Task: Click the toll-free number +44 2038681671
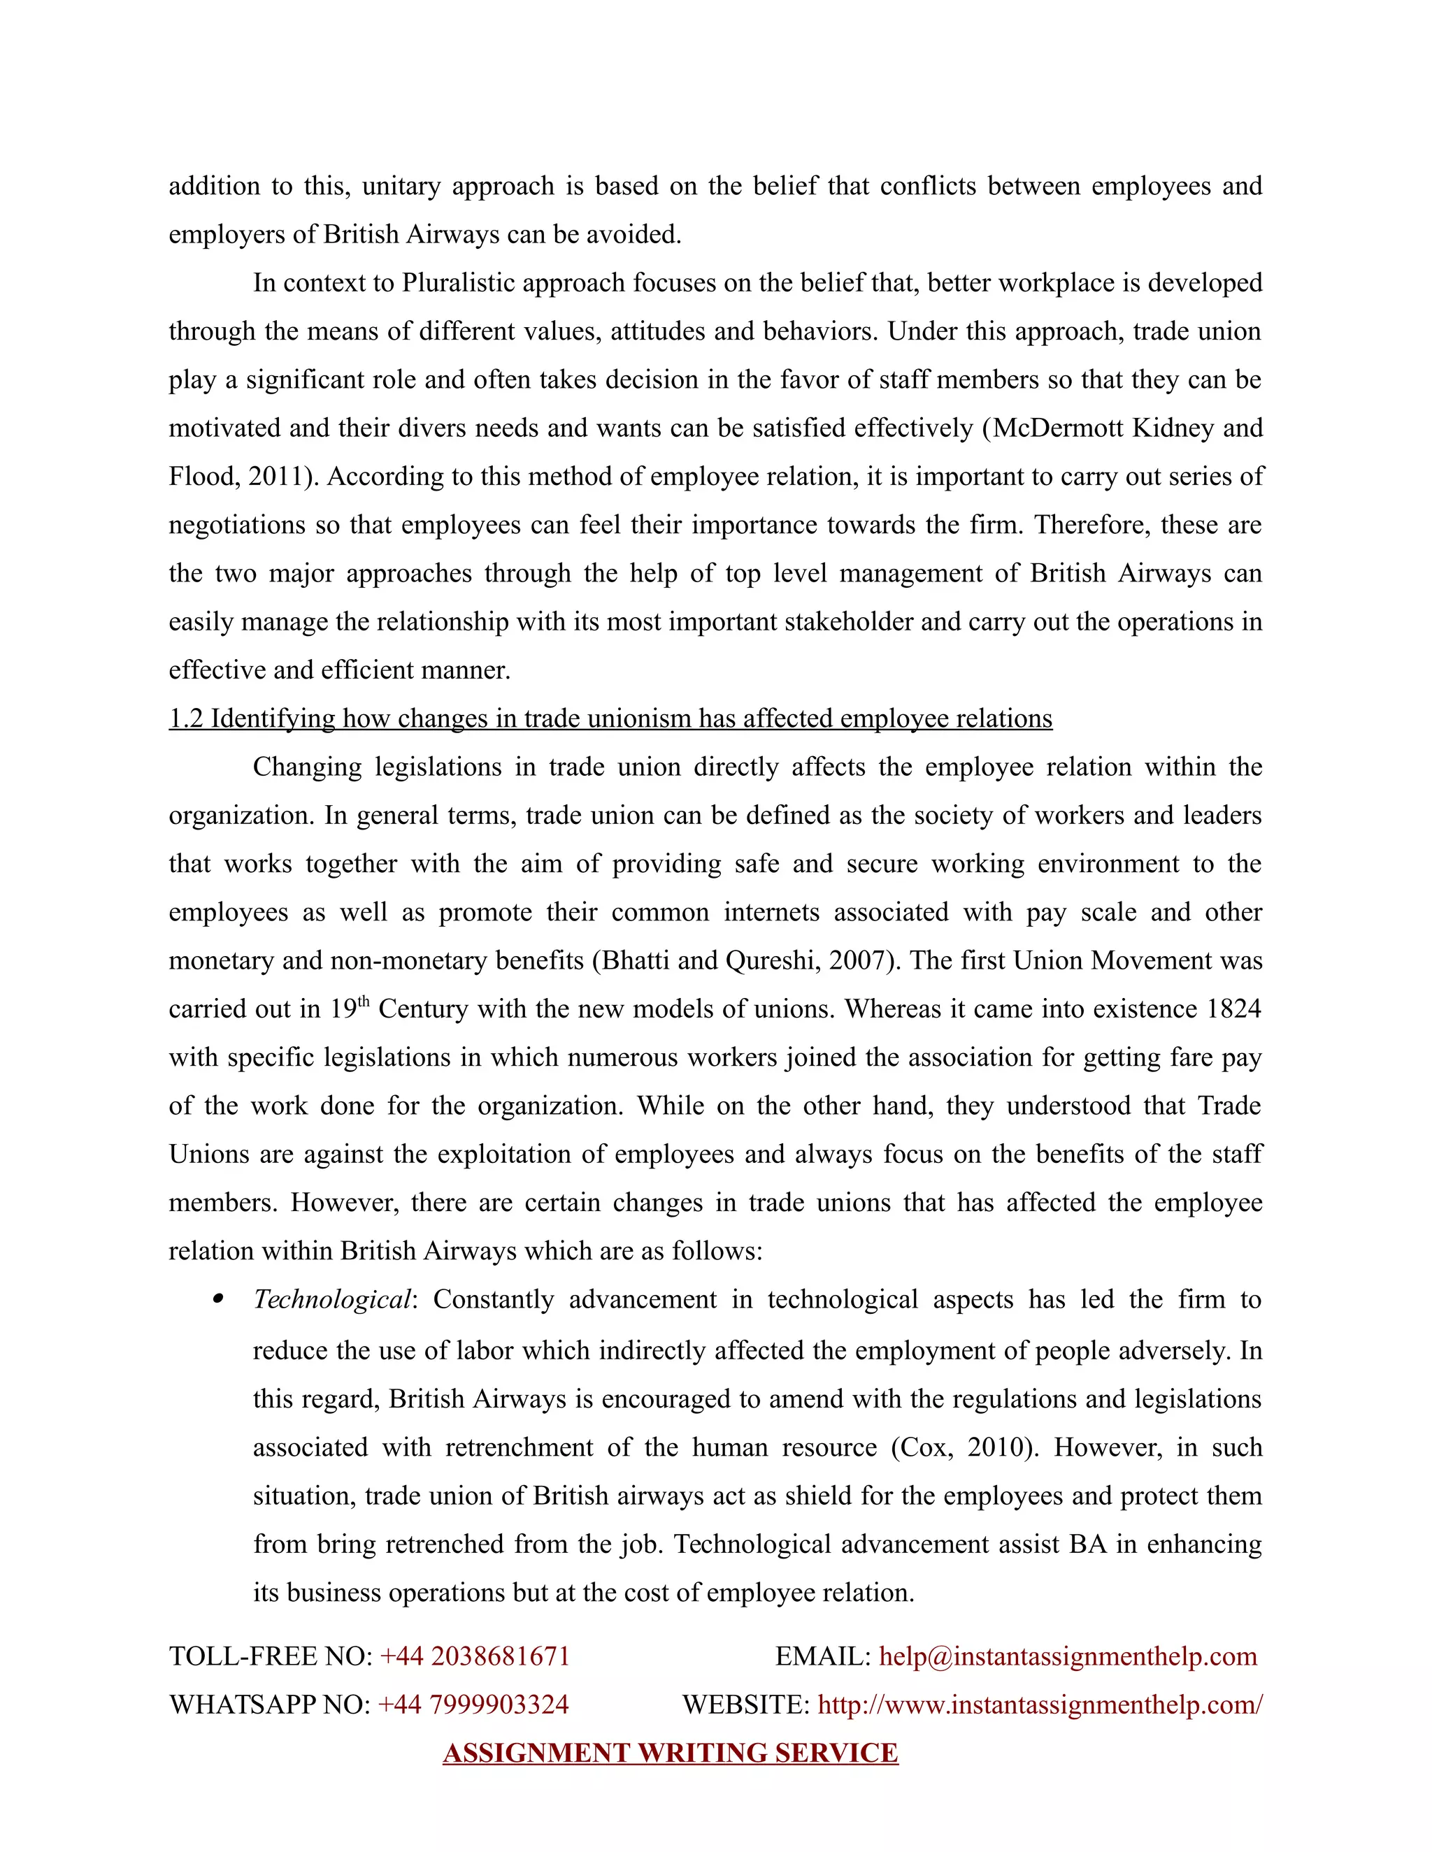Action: (475, 1656)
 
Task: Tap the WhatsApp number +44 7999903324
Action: (473, 1705)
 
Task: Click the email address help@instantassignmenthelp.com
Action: (1067, 1656)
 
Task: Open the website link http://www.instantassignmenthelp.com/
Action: (1040, 1705)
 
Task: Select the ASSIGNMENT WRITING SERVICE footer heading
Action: (670, 1753)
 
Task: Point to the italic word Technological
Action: (331, 1300)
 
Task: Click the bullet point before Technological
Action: (219, 1299)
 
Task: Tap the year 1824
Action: (1233, 1009)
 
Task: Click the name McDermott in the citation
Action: (1057, 428)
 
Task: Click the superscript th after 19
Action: (364, 1002)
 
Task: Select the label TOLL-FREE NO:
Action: (271, 1656)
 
